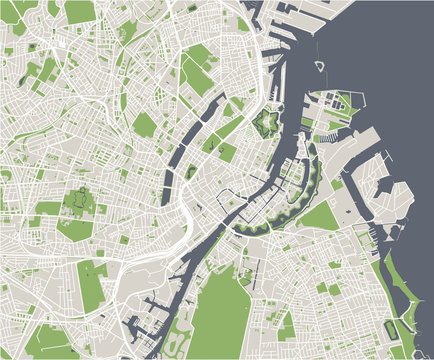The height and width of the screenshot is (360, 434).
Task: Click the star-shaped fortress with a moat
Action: pos(267,124)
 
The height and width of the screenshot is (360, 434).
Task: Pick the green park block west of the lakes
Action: pos(146,124)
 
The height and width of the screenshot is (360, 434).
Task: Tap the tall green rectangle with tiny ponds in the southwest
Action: pos(91,284)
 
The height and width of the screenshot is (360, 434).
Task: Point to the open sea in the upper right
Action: pos(390,60)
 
